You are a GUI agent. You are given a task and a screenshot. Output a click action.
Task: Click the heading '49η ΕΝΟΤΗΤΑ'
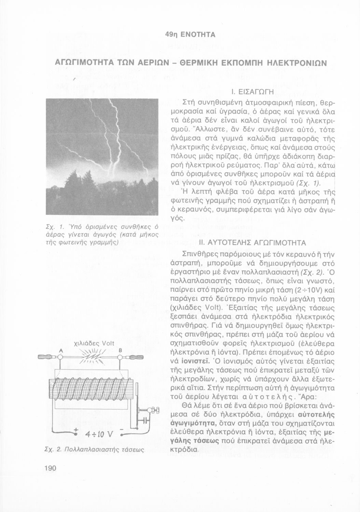coord(190,34)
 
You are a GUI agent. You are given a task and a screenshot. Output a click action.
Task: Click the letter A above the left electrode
coord(61,351)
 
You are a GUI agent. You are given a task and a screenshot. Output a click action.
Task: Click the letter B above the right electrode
coord(120,351)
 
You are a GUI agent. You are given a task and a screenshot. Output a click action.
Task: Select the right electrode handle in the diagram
coord(136,357)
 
